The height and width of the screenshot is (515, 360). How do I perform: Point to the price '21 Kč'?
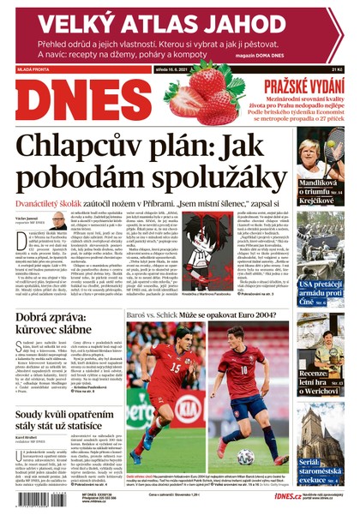coord(344,69)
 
